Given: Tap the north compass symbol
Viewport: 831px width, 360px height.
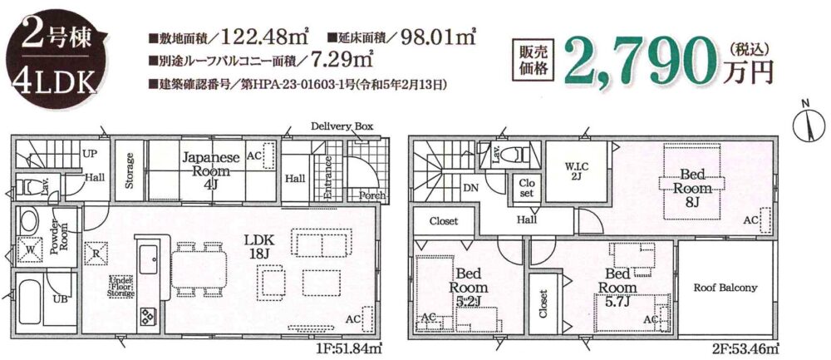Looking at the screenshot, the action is point(809,126).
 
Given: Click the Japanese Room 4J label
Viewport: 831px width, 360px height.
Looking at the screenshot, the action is point(211,165).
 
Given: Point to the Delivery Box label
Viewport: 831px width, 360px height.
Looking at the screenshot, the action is point(342,126).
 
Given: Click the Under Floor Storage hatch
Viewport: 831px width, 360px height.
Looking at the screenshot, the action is point(122,286).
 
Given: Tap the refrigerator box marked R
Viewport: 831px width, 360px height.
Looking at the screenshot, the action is point(96,254).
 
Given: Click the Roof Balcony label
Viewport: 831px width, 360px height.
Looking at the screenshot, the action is point(725,288).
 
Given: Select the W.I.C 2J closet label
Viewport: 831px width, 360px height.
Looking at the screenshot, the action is point(576,170).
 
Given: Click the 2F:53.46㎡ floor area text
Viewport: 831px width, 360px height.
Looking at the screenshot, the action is point(745,350).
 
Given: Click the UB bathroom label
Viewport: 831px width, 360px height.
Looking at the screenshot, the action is point(59,299).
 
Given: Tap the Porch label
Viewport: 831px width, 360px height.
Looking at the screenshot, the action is point(371,195).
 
